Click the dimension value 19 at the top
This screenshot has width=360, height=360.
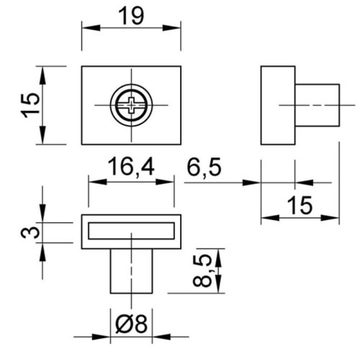click(x=131, y=16)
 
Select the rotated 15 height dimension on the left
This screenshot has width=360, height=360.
click(x=30, y=105)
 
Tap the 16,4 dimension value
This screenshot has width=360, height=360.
click(x=131, y=166)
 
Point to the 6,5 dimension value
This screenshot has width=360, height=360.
click(x=204, y=166)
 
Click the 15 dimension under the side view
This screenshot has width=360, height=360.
click(x=300, y=205)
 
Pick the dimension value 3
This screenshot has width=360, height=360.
click(x=30, y=232)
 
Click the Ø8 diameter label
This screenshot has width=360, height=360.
click(x=131, y=324)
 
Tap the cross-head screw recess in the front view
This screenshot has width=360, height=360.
click(x=131, y=105)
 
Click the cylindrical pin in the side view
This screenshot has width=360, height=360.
click(x=317, y=105)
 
